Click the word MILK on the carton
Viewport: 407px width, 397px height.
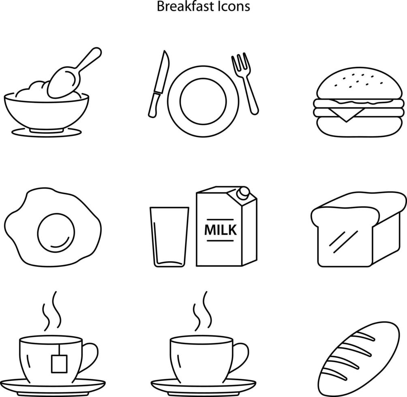[221, 229]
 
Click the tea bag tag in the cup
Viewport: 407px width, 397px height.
[58, 363]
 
